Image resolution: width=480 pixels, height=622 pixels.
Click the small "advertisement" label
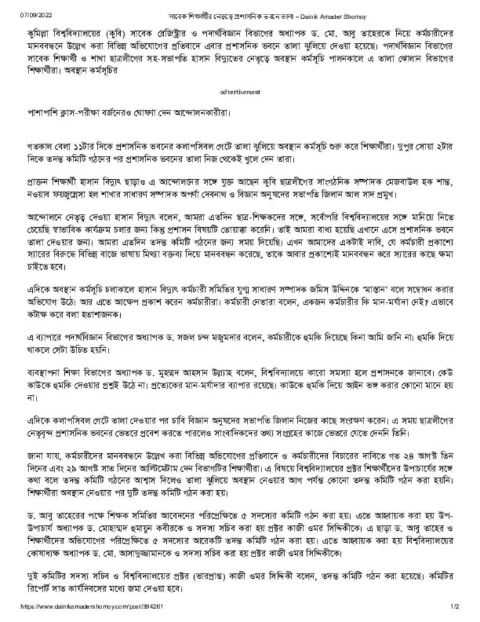[x=240, y=92]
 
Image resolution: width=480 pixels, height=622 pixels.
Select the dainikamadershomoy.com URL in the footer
[x=92, y=606]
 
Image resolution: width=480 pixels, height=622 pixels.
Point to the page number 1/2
[x=455, y=606]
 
